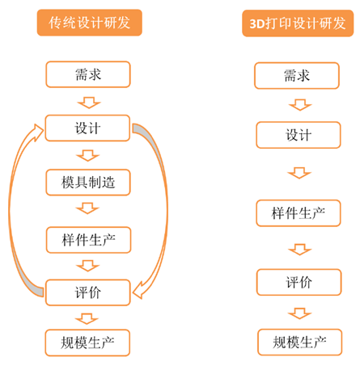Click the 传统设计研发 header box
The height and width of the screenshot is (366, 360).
(90, 23)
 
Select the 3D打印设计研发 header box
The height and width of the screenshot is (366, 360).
(298, 23)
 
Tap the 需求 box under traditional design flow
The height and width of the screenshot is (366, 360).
(88, 74)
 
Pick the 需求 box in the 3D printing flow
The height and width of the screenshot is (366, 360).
(297, 75)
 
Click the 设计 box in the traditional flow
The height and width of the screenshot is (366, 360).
(87, 128)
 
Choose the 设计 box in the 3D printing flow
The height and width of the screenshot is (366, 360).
(299, 135)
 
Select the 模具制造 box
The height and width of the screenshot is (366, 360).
(88, 183)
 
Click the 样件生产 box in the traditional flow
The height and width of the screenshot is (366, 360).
(88, 240)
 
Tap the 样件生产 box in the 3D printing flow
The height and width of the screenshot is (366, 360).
(299, 213)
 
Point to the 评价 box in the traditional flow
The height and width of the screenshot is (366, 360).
(87, 292)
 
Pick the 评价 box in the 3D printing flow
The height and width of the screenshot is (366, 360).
(299, 282)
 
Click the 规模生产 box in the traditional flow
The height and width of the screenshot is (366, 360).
(87, 343)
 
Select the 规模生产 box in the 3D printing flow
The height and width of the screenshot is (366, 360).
(299, 342)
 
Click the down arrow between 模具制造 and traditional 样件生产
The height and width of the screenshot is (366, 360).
(87, 208)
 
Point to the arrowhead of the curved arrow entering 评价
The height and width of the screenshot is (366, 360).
(138, 291)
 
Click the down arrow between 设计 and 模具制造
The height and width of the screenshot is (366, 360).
(88, 156)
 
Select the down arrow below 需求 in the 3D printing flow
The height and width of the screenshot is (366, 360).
(300, 105)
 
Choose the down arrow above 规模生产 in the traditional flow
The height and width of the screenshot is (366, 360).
(87, 319)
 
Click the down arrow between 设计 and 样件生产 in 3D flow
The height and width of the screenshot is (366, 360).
(299, 173)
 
